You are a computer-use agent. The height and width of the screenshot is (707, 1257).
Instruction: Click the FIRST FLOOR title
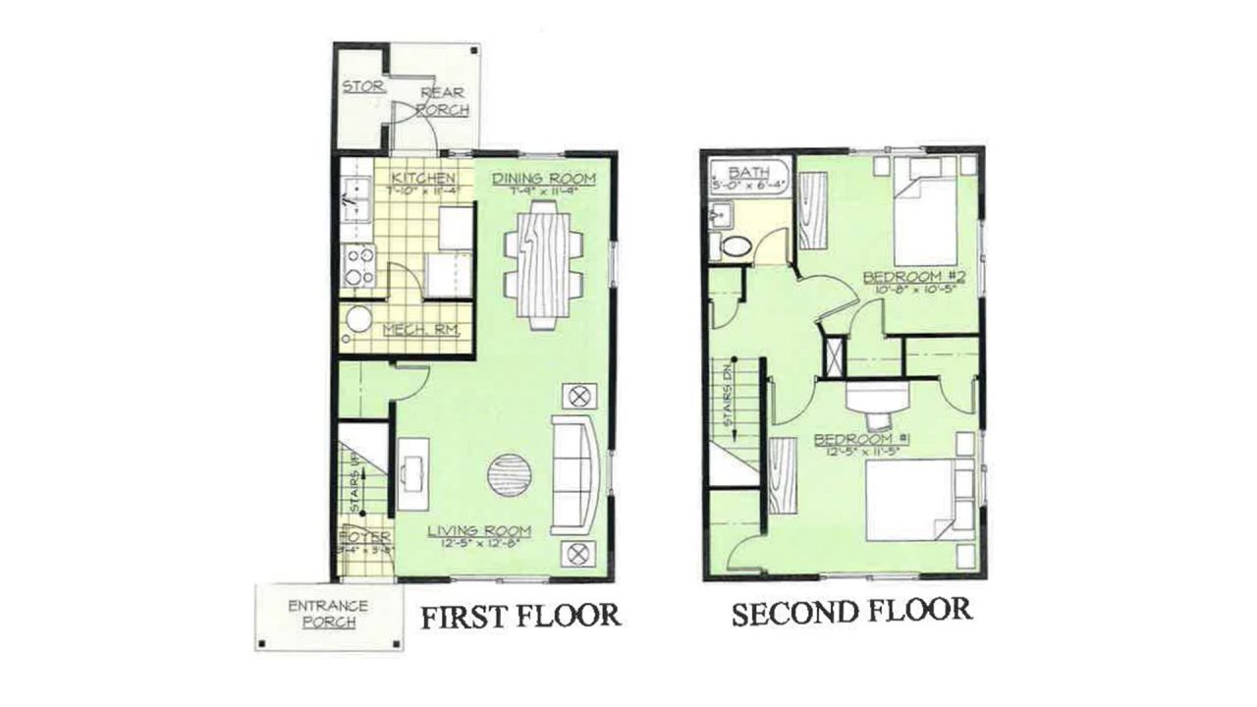pyautogui.click(x=520, y=616)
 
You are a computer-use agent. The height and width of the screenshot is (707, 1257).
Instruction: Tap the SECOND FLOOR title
pyautogui.click(x=851, y=613)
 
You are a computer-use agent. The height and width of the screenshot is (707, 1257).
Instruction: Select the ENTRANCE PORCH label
pyautogui.click(x=328, y=614)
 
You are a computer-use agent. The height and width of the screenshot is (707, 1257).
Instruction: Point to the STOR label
pyautogui.click(x=361, y=86)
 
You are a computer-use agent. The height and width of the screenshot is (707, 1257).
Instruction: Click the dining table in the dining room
pyautogui.click(x=541, y=263)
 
